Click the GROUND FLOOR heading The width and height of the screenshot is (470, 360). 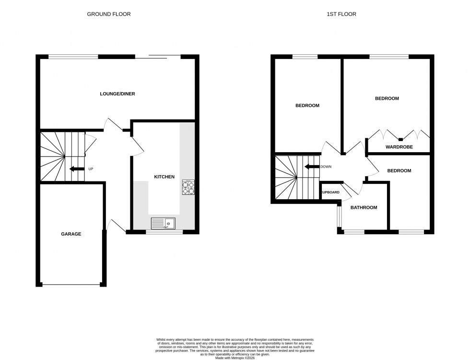pos(108,14)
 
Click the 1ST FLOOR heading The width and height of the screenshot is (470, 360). pos(341,14)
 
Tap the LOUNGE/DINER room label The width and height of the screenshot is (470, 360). pos(117,94)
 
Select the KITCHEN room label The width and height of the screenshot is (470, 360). pos(164,177)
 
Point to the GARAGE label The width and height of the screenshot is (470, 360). pos(71,234)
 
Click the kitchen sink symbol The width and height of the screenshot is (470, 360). pos(164,222)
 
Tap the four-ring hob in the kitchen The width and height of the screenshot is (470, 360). pos(188,187)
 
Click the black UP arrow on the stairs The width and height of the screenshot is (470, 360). pos(75,169)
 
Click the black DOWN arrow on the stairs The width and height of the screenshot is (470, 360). pos(312,167)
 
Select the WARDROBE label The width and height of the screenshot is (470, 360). pos(399,147)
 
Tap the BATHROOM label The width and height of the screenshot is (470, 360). pos(364,208)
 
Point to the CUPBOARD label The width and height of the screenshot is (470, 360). pos(330,192)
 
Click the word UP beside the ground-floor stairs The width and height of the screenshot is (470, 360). pos(91,169)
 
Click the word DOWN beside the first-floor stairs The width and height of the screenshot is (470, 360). pos(326,167)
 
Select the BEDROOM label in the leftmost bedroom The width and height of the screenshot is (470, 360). pos(307,106)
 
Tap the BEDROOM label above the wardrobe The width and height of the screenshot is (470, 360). pos(387,98)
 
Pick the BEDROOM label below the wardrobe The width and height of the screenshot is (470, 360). pos(399,170)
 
